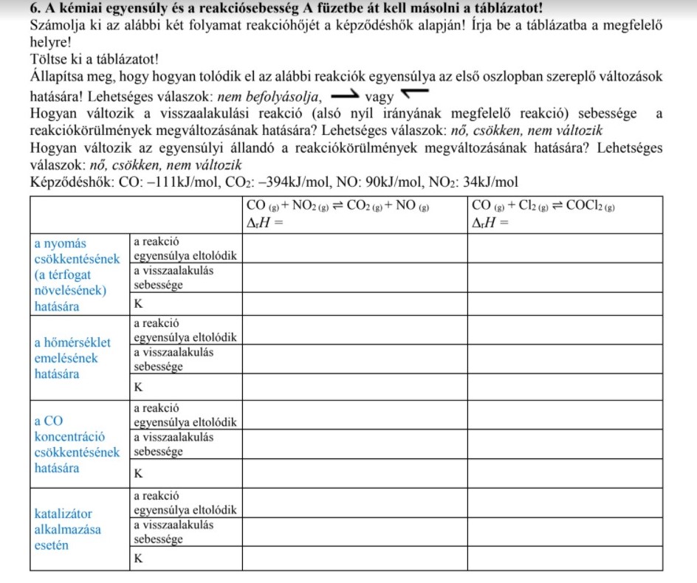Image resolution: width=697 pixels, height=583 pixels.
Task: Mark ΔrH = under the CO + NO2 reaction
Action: point(264,222)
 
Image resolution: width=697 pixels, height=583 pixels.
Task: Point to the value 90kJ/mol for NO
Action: point(397,182)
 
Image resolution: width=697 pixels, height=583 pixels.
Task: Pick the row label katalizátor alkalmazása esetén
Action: point(69,529)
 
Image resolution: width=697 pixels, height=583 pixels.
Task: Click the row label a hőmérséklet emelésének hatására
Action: point(72,358)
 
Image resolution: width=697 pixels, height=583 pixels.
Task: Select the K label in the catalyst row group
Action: point(137,559)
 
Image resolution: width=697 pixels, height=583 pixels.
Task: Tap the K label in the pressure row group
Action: point(137,303)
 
